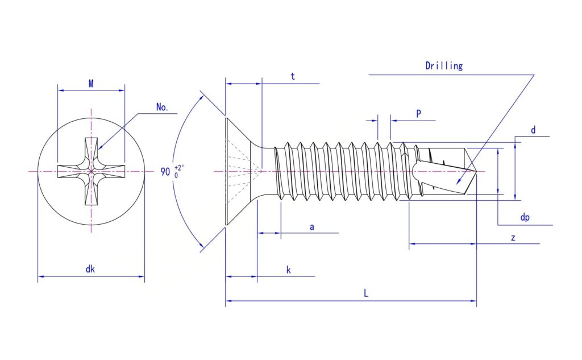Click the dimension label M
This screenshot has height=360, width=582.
[91, 84]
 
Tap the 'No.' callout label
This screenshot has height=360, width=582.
[162, 107]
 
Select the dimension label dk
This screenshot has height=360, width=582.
[90, 269]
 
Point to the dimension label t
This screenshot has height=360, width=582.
[293, 76]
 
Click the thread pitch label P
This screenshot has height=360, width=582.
[419, 114]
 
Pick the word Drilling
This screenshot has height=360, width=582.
[444, 66]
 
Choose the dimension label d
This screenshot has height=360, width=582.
[533, 130]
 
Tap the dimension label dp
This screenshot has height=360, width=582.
[525, 217]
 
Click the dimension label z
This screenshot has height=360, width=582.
[513, 238]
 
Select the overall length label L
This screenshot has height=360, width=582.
[366, 293]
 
